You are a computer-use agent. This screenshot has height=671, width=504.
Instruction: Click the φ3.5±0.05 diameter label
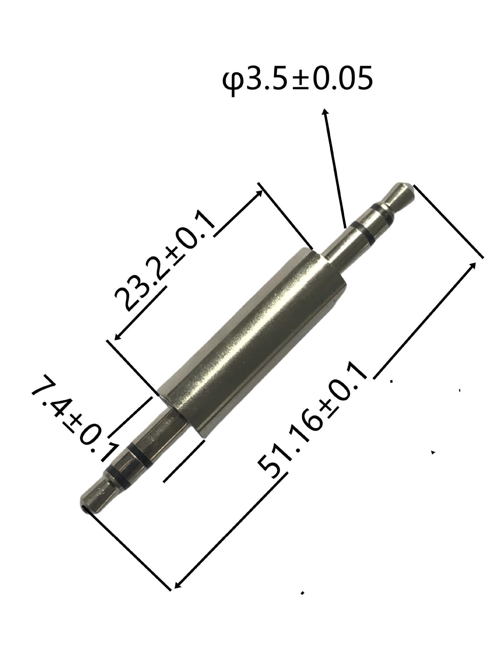point(297,79)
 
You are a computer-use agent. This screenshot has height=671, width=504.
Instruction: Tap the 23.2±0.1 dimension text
point(164,260)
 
